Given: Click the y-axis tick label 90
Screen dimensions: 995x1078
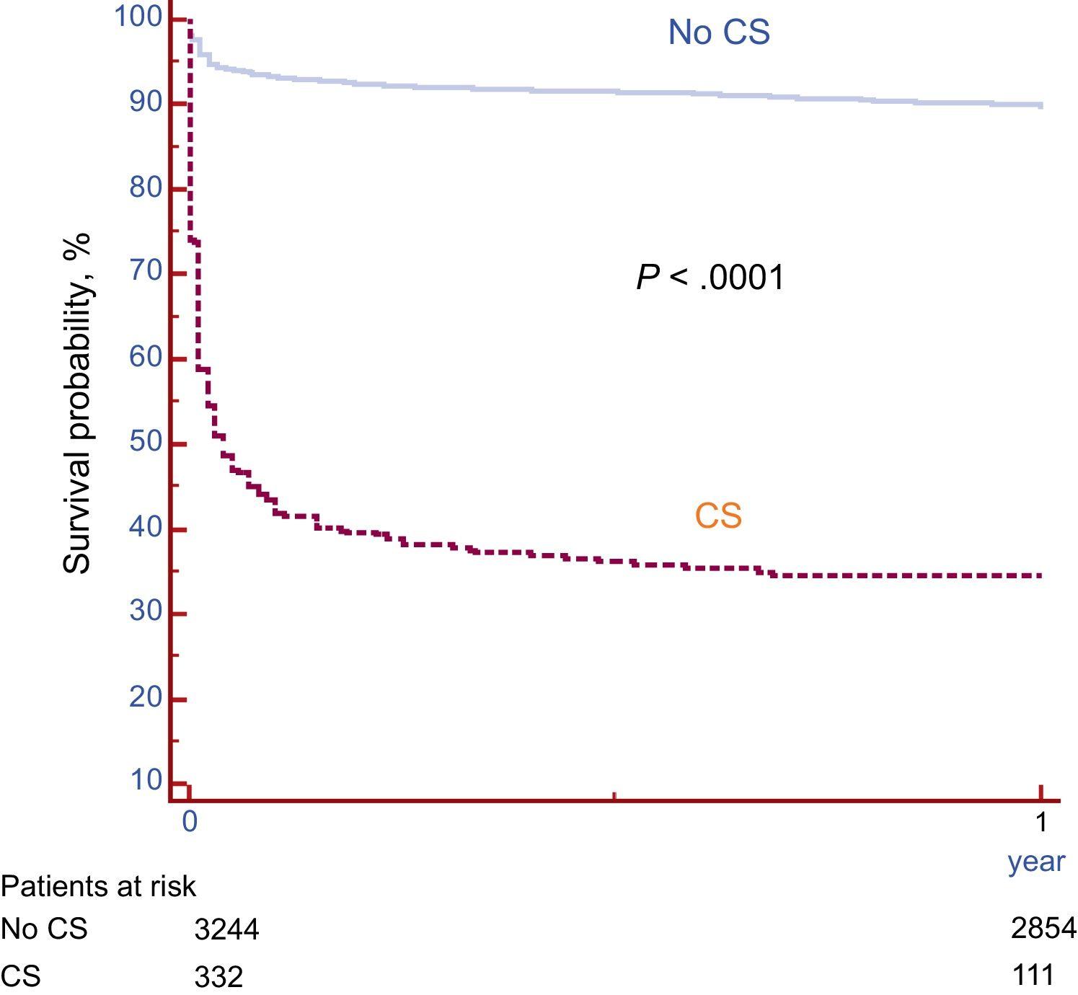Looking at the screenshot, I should click(146, 102).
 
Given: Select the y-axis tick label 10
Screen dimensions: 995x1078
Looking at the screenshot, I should click(146, 780).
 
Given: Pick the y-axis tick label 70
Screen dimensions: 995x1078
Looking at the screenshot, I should click(146, 272).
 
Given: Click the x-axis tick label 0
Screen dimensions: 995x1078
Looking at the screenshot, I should click(190, 822).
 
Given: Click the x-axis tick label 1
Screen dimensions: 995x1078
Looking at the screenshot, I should click(1041, 822).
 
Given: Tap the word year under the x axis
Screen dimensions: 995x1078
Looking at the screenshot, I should click(1036, 862).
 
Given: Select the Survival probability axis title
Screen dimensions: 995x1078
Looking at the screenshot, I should click(78, 404).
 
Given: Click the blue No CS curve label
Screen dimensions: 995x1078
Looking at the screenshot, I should click(719, 32).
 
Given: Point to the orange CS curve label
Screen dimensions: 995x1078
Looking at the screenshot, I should click(718, 516).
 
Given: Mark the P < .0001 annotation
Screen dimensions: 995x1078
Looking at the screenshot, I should click(710, 278).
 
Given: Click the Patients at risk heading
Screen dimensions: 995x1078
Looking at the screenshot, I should click(99, 886).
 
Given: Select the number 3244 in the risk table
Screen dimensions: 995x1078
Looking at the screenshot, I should click(226, 930).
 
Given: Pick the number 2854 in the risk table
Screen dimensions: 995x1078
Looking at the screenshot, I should click(1043, 929).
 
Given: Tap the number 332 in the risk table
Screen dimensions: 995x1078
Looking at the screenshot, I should click(219, 978).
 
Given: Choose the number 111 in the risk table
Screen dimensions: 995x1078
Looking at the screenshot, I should click(1033, 976).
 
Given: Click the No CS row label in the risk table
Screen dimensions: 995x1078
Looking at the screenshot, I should click(44, 929).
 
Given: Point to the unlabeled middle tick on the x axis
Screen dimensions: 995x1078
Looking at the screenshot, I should click(614, 796).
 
